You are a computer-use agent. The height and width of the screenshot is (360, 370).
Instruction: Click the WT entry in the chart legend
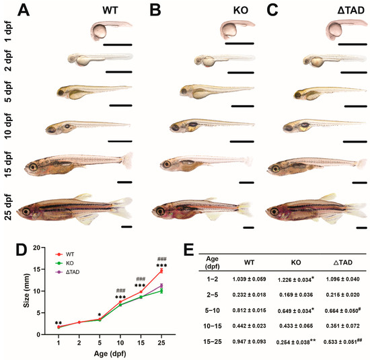click(57, 253)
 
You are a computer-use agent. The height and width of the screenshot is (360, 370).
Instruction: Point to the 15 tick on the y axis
click(41, 269)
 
